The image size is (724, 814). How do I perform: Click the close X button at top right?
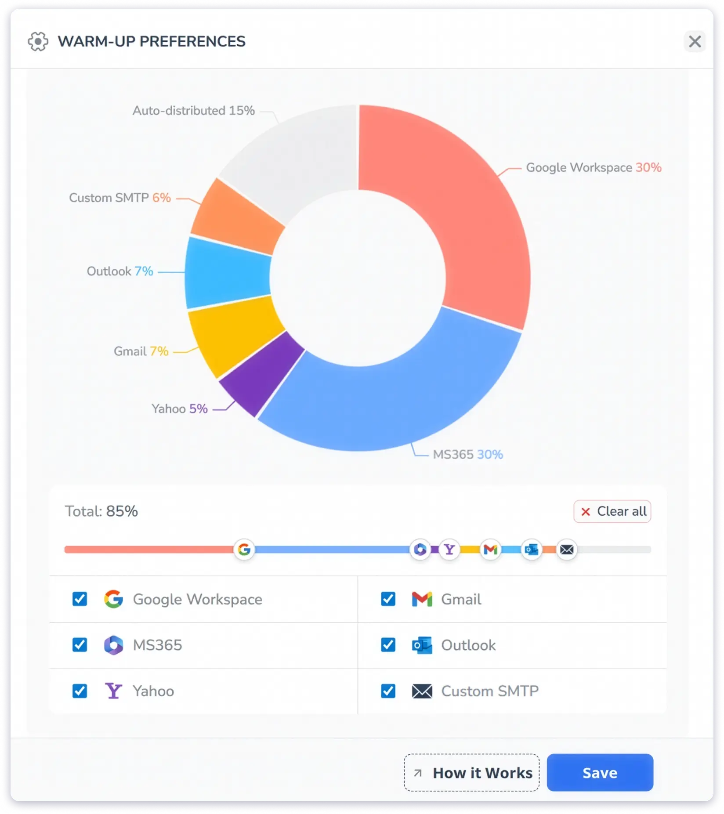tap(694, 42)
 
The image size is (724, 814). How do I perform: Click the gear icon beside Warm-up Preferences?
tap(38, 42)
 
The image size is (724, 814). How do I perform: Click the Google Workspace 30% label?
tap(593, 167)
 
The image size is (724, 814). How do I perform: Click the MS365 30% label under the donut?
tap(467, 454)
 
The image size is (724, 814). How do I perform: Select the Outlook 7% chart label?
tap(120, 271)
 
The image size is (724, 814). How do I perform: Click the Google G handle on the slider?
tap(244, 549)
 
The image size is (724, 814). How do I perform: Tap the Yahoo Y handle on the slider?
tap(449, 549)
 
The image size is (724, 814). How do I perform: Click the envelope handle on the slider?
tap(567, 549)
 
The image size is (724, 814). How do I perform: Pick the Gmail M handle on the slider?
tap(490, 549)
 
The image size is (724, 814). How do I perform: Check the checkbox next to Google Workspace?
tap(80, 599)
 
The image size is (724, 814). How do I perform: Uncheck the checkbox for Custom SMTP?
tap(388, 691)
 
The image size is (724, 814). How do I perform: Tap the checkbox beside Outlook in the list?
tap(388, 645)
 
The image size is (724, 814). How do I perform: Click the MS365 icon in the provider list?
tap(113, 645)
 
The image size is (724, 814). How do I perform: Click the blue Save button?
tap(600, 772)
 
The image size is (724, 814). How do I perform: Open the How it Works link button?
tap(472, 772)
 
